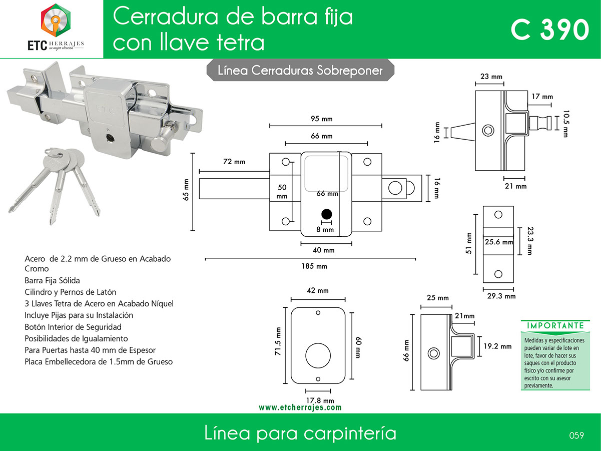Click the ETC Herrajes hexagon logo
pos(56,20)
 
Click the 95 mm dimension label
pos(322,119)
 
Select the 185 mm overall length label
pos(314,266)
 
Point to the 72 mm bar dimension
pos(234,162)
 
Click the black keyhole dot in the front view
pos(327,214)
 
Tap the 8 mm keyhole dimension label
pos(325,229)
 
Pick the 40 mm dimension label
pos(324,250)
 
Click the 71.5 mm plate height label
pos(278,341)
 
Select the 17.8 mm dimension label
pos(320,400)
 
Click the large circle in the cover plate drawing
pos(318,343)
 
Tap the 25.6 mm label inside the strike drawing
pos(499,242)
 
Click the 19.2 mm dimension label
pos(497,346)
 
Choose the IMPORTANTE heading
pos(555,325)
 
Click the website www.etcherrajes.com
pos(300,407)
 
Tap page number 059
pos(576,435)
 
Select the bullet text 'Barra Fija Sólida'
pos(53,280)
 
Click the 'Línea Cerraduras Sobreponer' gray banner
pos(300,70)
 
